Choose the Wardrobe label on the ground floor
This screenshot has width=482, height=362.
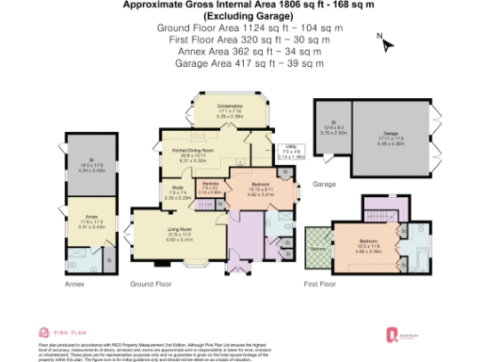213,185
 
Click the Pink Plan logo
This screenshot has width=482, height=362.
57,332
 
